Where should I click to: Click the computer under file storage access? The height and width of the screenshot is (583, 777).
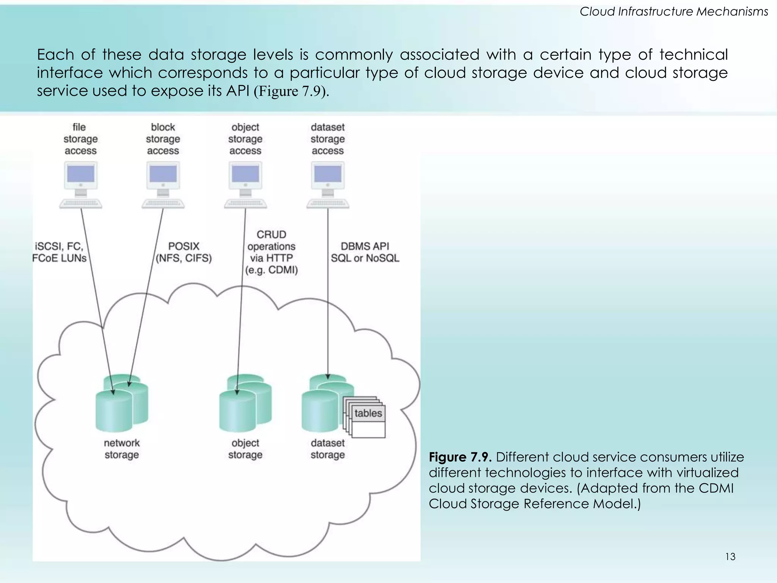pyautogui.click(x=80, y=184)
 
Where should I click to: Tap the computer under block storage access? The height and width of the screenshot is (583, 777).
pyautogui.click(x=163, y=184)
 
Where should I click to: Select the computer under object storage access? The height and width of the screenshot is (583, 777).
pyautogui.click(x=245, y=184)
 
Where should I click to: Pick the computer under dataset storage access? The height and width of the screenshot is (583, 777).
pyautogui.click(x=328, y=184)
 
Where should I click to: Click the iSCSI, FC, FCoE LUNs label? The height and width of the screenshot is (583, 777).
pyautogui.click(x=60, y=252)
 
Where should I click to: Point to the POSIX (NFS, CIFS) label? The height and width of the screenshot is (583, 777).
pyautogui.click(x=184, y=252)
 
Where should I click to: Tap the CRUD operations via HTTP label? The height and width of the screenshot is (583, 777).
pyautogui.click(x=271, y=252)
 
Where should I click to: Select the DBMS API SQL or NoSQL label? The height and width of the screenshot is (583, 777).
pyautogui.click(x=365, y=252)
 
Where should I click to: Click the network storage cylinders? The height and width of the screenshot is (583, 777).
pyautogui.click(x=121, y=404)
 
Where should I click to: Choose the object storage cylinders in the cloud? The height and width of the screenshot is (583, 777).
pyautogui.click(x=245, y=404)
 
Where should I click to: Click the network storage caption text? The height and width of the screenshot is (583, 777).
pyautogui.click(x=121, y=449)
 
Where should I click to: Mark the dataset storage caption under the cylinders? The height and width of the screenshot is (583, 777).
pyautogui.click(x=328, y=449)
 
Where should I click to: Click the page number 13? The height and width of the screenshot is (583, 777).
pyautogui.click(x=730, y=557)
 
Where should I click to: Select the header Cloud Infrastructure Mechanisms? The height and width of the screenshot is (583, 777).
pyautogui.click(x=674, y=12)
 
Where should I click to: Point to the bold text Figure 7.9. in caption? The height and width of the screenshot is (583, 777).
pyautogui.click(x=460, y=457)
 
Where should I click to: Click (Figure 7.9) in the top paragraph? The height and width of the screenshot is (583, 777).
pyautogui.click(x=291, y=91)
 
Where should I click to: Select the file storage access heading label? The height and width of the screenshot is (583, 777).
pyautogui.click(x=80, y=139)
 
